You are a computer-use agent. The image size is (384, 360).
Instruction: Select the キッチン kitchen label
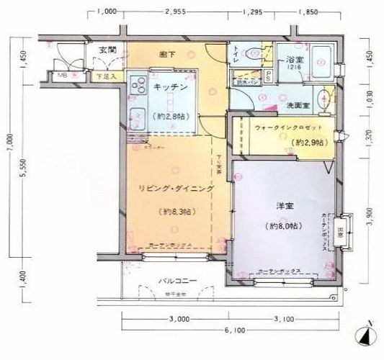click(x=171, y=86)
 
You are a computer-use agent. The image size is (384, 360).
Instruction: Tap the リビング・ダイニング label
click(x=176, y=189)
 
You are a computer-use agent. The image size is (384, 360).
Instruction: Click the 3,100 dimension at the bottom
click(x=285, y=318)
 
